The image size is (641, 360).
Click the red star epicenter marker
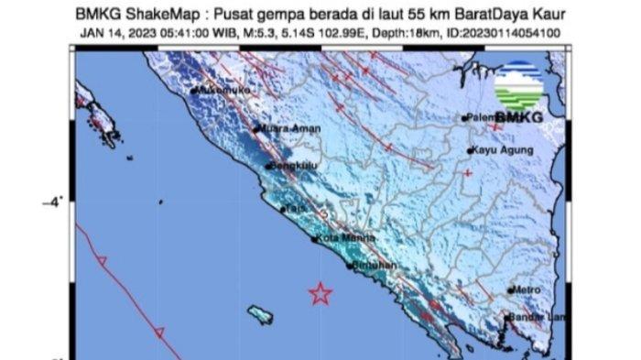[320, 293]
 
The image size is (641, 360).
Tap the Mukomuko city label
[224, 91]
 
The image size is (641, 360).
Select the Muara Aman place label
[289, 129]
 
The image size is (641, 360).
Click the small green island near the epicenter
[260, 314]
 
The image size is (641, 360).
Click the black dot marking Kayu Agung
[470, 150]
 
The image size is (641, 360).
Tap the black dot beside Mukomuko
[196, 91]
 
